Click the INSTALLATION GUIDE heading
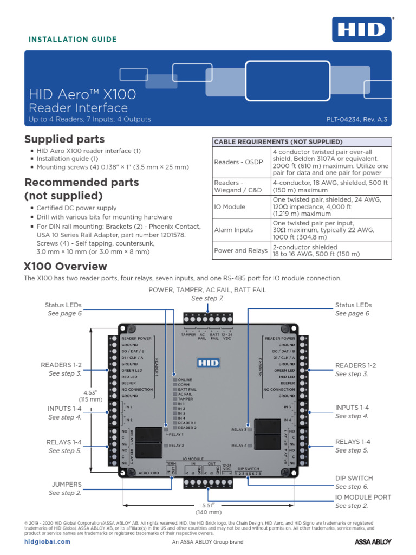click(73, 40)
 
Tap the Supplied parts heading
click(64, 139)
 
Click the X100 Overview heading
click(66, 267)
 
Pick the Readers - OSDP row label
click(237, 162)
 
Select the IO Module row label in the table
click(230, 207)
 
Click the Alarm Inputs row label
click(233, 230)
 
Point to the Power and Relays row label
click(240, 250)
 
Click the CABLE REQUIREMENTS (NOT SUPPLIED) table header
click(278, 141)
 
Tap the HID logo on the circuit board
click(209, 362)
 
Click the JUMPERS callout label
click(67, 484)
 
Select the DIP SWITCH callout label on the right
click(354, 478)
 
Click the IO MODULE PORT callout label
click(363, 497)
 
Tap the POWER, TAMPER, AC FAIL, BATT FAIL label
click(207, 290)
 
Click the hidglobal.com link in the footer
click(48, 541)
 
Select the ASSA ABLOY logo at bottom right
click(373, 541)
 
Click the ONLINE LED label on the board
click(185, 379)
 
